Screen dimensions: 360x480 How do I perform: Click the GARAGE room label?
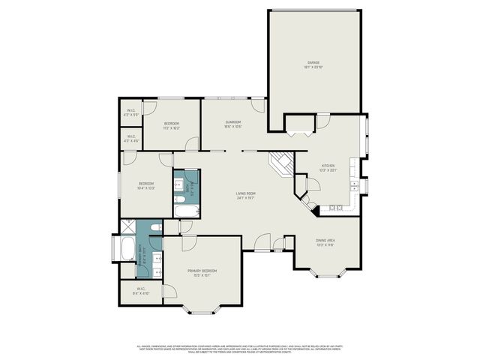click(x=313, y=62)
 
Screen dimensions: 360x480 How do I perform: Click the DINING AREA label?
click(x=325, y=240)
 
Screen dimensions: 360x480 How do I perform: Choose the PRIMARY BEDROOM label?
click(x=202, y=271)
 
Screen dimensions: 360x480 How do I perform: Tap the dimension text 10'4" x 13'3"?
click(x=145, y=188)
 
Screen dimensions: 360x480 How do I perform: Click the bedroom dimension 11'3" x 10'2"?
click(x=172, y=127)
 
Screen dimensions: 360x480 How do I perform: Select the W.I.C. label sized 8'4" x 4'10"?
click(x=140, y=292)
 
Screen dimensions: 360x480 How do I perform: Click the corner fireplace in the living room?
click(x=283, y=163)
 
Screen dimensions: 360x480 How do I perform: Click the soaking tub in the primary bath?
click(x=123, y=249)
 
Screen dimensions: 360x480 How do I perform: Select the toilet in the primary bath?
click(x=155, y=226)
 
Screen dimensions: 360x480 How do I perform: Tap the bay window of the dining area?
click(x=325, y=274)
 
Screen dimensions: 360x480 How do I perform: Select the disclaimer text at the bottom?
click(x=240, y=348)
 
